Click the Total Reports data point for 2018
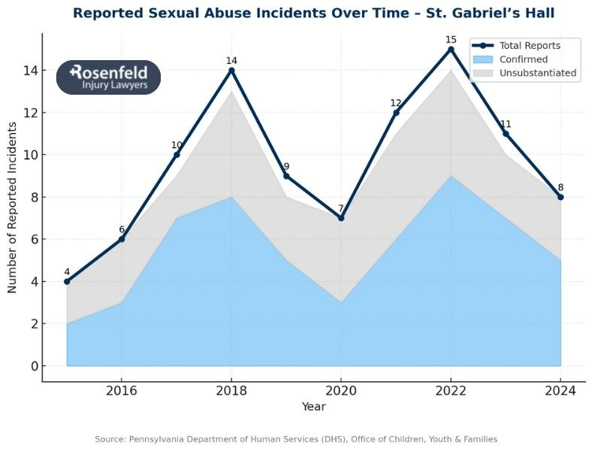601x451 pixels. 231,71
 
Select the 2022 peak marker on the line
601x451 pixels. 451,50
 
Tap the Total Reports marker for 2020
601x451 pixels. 341,218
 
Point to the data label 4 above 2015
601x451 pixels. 67,272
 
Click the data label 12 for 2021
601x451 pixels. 396,103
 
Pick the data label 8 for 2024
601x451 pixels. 560,187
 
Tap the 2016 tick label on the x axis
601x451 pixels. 122,391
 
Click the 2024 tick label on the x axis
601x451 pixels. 560,391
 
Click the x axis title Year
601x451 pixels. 313,407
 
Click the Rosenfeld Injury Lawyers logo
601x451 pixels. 109,77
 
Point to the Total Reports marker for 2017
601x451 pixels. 177,155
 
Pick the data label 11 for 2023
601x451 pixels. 506,124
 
